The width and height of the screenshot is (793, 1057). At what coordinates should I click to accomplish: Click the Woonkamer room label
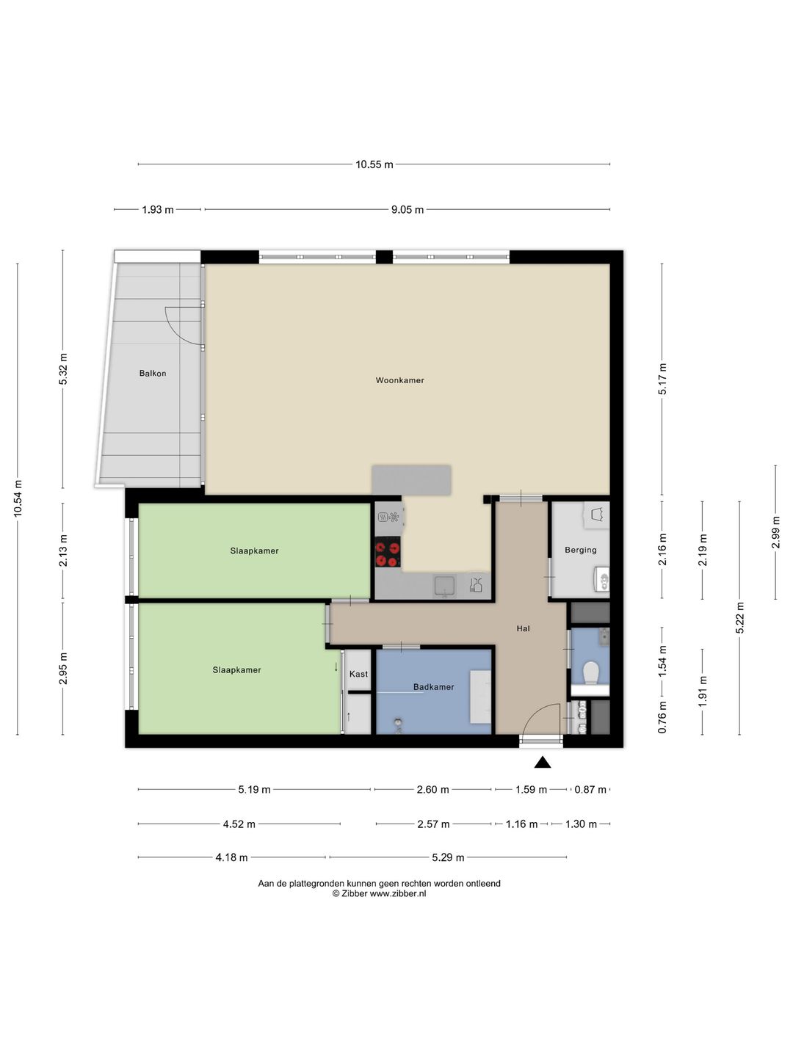click(399, 380)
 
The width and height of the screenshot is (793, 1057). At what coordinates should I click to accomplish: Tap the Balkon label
click(153, 373)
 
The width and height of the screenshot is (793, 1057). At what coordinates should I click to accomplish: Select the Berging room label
click(581, 550)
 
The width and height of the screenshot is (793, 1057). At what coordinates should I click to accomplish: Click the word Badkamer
click(433, 687)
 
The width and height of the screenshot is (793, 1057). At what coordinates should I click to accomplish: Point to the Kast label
click(358, 674)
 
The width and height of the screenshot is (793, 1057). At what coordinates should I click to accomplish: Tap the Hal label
click(523, 628)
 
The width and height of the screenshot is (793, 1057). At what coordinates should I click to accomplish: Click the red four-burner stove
click(388, 552)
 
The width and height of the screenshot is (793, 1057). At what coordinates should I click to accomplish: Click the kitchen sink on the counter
click(444, 586)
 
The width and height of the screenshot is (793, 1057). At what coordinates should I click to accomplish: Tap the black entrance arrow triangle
click(542, 762)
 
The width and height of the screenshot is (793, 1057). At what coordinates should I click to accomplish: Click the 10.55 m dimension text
click(374, 164)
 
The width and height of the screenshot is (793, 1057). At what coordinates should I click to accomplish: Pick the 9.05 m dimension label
click(408, 210)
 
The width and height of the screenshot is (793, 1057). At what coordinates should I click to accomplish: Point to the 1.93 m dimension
click(157, 210)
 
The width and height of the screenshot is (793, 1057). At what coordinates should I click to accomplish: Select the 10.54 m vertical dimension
click(18, 498)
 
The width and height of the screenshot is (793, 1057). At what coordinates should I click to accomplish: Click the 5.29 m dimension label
click(448, 857)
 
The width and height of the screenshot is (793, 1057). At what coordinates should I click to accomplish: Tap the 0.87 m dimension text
click(590, 790)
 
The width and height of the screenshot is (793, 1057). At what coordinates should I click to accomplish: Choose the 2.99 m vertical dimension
click(775, 532)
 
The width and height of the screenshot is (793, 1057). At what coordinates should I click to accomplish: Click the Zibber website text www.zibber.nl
click(398, 894)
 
